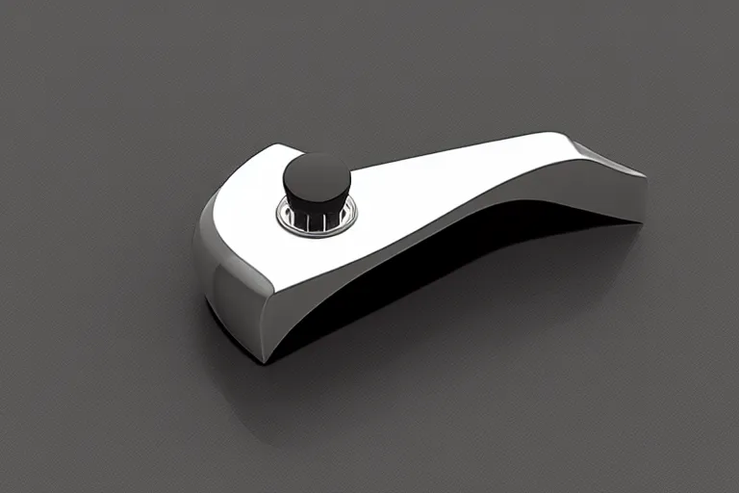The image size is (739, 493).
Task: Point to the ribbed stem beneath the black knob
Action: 314,218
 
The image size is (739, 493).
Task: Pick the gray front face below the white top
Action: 241,308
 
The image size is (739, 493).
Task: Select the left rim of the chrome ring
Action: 280,217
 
